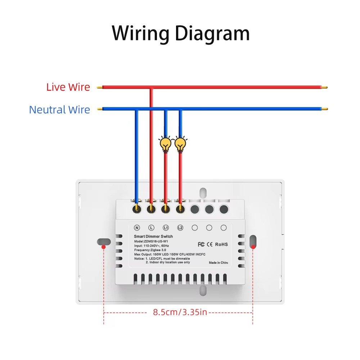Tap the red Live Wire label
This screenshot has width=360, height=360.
[x=68, y=87]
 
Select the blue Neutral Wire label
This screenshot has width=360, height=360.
[x=59, y=109]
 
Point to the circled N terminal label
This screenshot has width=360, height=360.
[x=136, y=228]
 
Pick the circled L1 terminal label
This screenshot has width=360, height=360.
[x=166, y=228]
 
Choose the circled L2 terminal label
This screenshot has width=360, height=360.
[x=180, y=228]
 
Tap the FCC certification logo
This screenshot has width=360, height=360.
[x=201, y=244]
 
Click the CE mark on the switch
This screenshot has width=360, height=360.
[x=210, y=244]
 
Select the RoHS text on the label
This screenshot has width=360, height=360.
[x=221, y=244]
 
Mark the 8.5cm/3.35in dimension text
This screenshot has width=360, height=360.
[x=180, y=312]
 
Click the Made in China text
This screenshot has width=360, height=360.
[x=219, y=263]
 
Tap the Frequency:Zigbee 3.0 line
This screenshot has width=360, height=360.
[x=150, y=249]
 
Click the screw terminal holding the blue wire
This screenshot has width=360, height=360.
[x=136, y=208]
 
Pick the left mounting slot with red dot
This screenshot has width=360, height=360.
[x=103, y=242]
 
